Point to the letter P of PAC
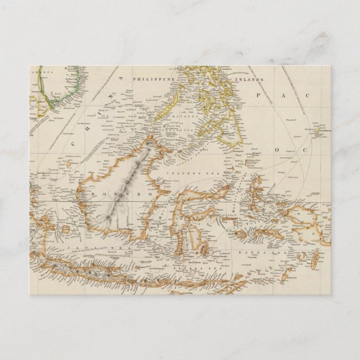(x=259, y=96)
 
